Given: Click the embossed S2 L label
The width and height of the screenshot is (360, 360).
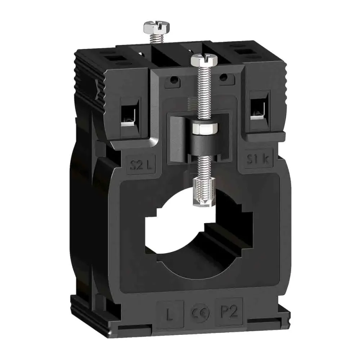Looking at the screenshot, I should pos(141,166).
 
